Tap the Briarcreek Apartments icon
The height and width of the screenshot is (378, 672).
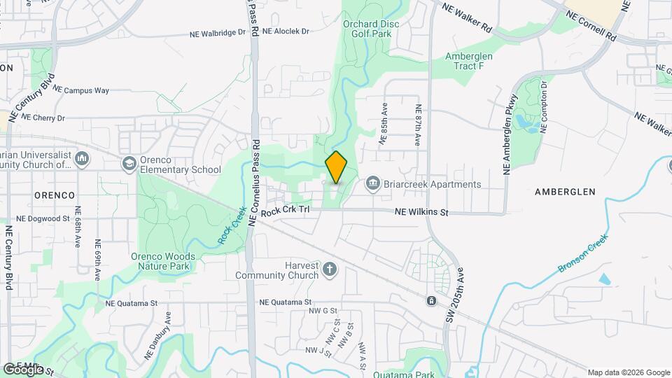click(372, 184)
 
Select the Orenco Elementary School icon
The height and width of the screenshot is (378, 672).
click(129, 164)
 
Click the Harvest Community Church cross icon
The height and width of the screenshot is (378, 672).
click(330, 268)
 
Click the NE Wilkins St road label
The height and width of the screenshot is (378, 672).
click(421, 212)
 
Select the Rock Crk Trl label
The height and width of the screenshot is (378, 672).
click(285, 209)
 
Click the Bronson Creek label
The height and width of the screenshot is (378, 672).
click(583, 254)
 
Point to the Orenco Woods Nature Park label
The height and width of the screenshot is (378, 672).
click(163, 261)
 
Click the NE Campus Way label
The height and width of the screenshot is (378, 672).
click(81, 90)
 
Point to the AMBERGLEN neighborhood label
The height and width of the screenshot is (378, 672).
click(564, 191)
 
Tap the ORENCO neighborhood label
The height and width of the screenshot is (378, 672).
click(55, 195)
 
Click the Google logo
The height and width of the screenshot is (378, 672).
click(23, 369)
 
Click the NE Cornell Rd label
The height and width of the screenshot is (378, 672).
click(591, 25)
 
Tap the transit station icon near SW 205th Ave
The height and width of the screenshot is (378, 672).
click(431, 301)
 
